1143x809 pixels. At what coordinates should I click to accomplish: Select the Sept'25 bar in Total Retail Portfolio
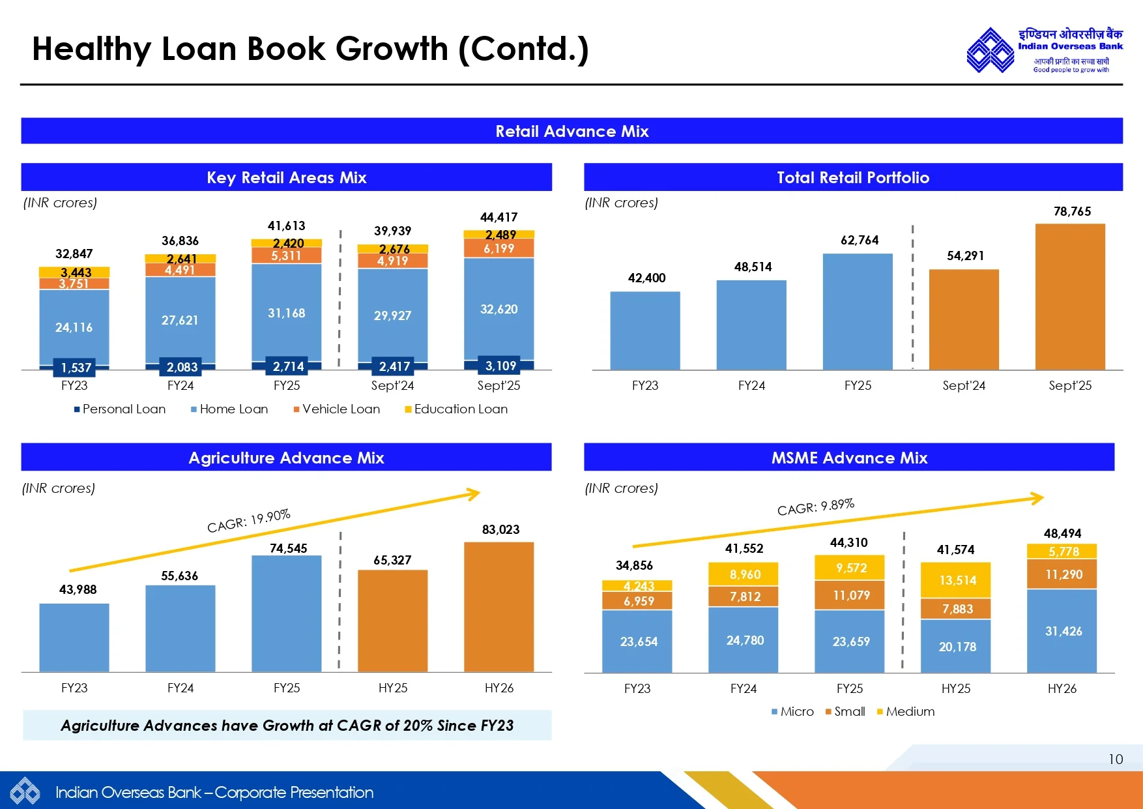pos(1070,297)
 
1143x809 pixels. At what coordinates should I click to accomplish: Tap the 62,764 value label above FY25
pos(860,240)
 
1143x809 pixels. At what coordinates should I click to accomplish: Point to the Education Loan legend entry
pos(456,409)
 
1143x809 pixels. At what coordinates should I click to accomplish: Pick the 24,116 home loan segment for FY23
pos(74,327)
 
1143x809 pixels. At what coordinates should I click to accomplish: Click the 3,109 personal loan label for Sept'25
pos(500,366)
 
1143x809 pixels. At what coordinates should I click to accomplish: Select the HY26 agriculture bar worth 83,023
pos(499,606)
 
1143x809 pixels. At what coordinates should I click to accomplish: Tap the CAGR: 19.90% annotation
pos(248,521)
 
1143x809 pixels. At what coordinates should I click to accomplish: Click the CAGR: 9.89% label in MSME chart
pos(815,507)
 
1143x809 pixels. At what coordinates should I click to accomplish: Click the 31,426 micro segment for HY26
pos(1063,631)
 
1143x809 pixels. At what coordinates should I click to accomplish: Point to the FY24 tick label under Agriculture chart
pos(181,688)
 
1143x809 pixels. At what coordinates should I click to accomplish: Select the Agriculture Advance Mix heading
pos(286,458)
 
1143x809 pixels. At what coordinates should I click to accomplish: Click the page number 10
pos(1115,759)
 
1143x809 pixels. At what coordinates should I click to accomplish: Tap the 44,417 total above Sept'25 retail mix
pos(499,217)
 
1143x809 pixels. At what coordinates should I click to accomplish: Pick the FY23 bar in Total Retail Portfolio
pos(644,331)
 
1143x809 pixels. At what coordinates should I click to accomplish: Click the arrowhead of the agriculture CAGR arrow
pos(475,493)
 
